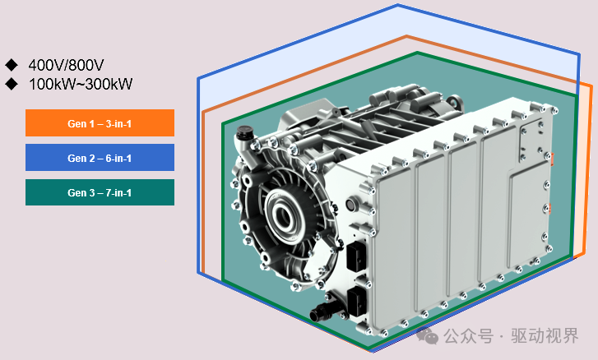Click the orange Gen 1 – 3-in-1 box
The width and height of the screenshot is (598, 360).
click(100, 122)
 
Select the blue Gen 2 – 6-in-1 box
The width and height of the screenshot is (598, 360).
click(100, 157)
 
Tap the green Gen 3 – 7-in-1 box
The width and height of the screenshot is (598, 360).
click(100, 192)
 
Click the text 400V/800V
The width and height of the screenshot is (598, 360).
click(66, 65)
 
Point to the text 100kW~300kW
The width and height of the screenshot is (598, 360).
click(81, 84)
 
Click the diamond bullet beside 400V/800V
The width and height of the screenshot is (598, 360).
click(12, 65)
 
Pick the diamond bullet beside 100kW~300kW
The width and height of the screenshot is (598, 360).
click(12, 84)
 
